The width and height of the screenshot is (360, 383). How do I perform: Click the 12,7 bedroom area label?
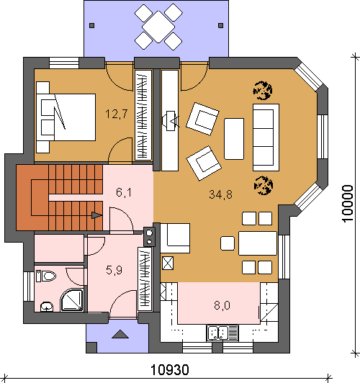(117, 114)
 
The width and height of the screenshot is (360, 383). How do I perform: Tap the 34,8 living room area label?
(220, 194)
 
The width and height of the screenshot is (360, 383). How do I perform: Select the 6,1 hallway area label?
(124, 192)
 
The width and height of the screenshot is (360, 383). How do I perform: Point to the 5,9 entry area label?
(114, 270)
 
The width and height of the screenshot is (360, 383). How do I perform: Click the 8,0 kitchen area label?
(222, 305)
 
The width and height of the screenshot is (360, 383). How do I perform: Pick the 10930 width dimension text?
(170, 370)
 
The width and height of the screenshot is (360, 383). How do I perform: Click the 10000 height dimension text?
(347, 204)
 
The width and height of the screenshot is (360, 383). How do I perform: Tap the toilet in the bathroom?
(46, 276)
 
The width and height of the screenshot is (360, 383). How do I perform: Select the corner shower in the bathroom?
(71, 300)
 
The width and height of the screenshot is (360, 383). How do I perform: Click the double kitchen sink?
(222, 333)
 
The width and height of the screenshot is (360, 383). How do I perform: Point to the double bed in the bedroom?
(66, 117)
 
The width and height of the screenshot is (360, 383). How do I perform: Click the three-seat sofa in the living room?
(266, 138)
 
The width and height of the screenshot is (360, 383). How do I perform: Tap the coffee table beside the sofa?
(234, 139)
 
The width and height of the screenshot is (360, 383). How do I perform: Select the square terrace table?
(158, 27)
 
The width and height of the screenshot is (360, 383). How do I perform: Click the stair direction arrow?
(97, 215)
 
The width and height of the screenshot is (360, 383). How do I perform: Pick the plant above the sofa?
(263, 91)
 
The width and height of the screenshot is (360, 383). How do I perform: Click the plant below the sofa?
(264, 186)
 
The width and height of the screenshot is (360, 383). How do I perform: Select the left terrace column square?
(92, 25)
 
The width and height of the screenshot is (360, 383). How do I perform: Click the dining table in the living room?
(258, 243)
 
